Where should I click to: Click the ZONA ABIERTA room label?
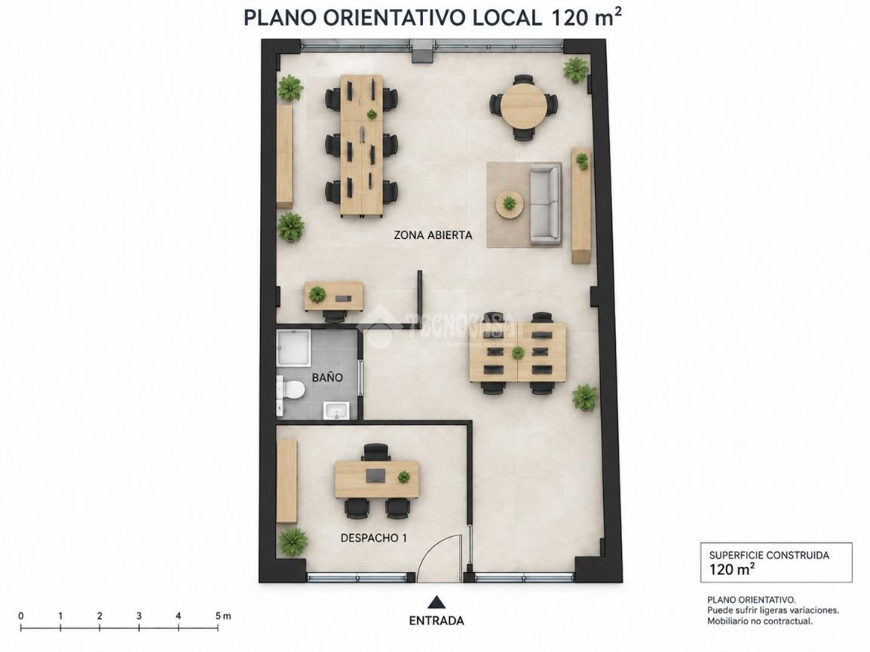tap(433, 234)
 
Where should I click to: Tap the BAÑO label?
tap(326, 378)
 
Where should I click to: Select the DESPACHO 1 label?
tap(373, 537)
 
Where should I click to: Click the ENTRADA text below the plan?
tap(436, 620)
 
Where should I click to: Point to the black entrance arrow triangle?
tap(437, 602)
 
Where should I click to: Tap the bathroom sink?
tap(335, 410)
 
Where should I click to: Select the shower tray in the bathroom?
tap(293, 348)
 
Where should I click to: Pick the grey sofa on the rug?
tap(545, 205)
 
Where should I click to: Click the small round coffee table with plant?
tap(509, 204)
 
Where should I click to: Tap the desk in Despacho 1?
tap(377, 480)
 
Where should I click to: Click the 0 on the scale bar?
tap(21, 616)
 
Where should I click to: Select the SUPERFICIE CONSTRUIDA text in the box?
tap(769, 555)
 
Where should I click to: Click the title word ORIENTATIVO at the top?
tap(394, 18)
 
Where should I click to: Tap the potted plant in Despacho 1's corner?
tap(292, 541)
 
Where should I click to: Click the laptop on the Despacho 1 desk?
tap(377, 475)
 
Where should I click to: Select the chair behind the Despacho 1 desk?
tap(376, 452)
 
